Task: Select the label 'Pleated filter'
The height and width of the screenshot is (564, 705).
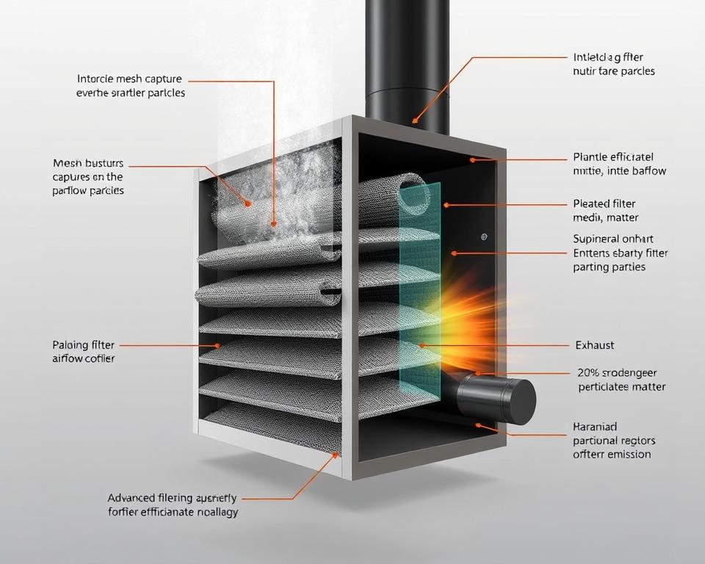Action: [604, 203]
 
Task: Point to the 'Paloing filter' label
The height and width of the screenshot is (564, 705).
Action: [83, 344]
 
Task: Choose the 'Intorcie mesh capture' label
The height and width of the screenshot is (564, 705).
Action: [129, 79]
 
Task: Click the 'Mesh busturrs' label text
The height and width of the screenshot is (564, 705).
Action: [88, 163]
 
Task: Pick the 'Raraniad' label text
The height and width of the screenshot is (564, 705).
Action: [594, 427]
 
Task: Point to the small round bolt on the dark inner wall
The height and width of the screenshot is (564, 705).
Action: [483, 236]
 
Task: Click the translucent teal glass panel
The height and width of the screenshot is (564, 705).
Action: [419, 294]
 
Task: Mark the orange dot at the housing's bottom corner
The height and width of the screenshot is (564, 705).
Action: [337, 455]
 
